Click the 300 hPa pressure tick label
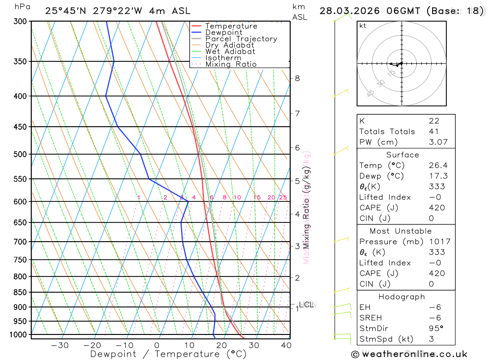coord(20,21)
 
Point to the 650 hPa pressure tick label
coord(20,222)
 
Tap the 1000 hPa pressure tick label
coord(18,334)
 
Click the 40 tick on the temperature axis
coord(286,345)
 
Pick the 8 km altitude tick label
coord(297,78)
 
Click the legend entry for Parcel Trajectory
coord(241,39)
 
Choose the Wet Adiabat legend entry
coord(230,52)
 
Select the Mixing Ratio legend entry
coord(231,64)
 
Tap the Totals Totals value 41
coord(434,131)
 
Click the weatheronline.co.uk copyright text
coord(409,354)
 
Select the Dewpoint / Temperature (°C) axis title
coord(168,354)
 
